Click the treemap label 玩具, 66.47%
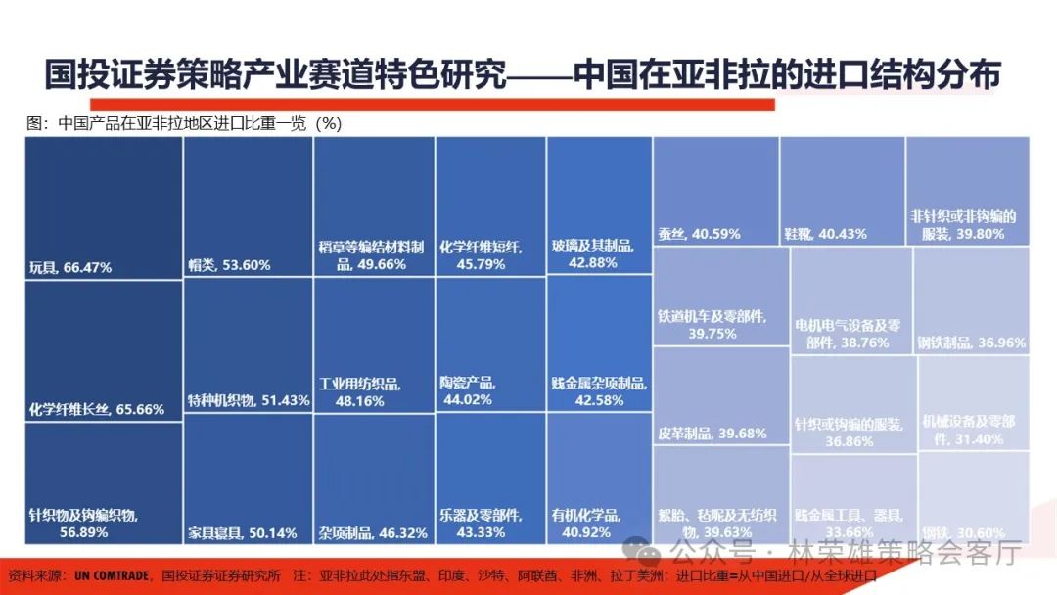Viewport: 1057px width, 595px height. (x=69, y=267)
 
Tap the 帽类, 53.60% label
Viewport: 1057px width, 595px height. (x=229, y=264)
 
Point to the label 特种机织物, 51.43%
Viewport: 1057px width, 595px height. (x=249, y=399)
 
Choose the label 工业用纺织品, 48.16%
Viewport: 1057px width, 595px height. (x=360, y=391)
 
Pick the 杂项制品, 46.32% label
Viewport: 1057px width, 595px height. (x=372, y=533)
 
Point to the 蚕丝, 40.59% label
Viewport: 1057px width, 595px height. (x=699, y=234)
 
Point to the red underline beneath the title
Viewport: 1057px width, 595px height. (x=431, y=103)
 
